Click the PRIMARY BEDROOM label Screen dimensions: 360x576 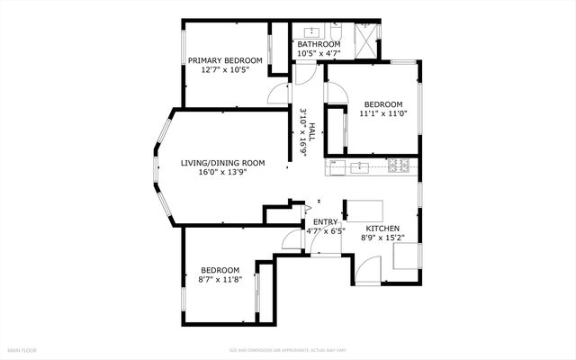[x=224, y=60]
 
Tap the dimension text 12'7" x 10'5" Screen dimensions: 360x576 [x=224, y=70]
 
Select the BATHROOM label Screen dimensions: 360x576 [x=319, y=44]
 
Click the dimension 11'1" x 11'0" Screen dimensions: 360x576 [x=382, y=114]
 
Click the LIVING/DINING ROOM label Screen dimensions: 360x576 [x=222, y=163]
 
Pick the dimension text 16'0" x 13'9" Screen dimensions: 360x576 [x=222, y=173]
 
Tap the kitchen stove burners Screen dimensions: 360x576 [x=401, y=166]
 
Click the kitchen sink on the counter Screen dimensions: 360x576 [x=360, y=166]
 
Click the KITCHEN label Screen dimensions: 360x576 [x=382, y=229]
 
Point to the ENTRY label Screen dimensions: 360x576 [x=325, y=221]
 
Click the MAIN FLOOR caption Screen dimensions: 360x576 [x=22, y=348]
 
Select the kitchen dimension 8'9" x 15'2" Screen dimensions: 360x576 [x=382, y=238]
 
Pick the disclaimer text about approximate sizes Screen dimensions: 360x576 [x=287, y=348]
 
